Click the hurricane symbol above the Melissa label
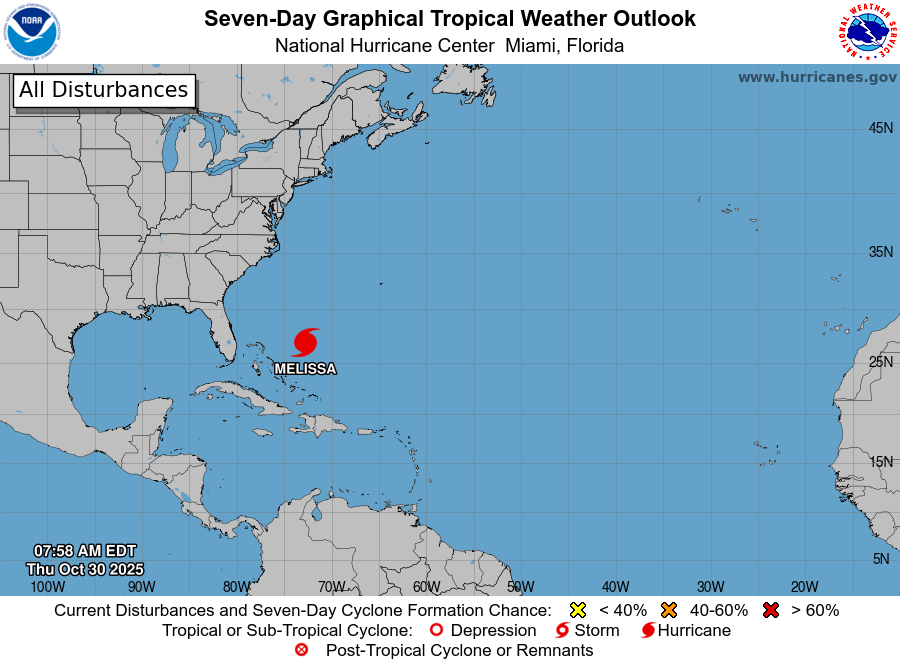[306, 342]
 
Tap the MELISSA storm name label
[305, 369]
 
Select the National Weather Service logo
[866, 32]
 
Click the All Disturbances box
[103, 90]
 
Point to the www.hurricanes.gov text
[817, 77]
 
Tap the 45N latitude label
[880, 128]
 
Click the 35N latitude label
[880, 252]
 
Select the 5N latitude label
[880, 559]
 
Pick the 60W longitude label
[426, 587]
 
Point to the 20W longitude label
[804, 587]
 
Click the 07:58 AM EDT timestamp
[85, 551]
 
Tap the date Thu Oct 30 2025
[85, 568]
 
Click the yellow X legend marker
[577, 610]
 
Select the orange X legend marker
[669, 610]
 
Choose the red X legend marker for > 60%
[770, 610]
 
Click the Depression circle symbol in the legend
[435, 630]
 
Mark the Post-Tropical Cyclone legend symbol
[301, 650]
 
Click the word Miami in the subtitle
[530, 45]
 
